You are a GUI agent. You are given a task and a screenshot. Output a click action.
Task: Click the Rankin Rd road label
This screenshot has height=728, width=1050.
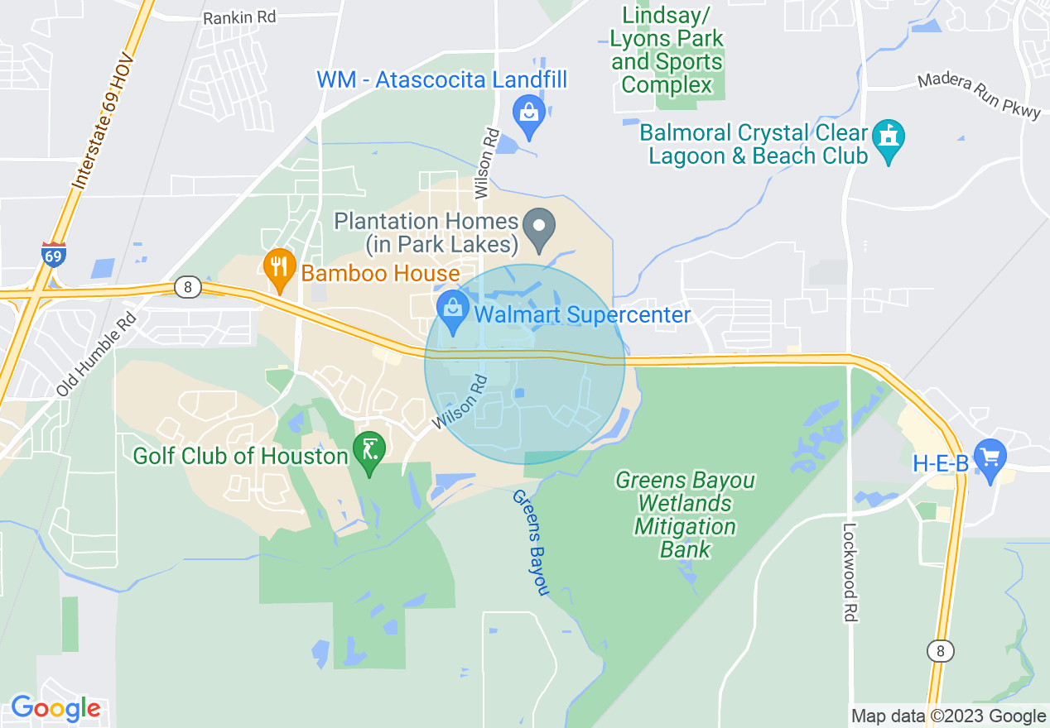[239, 17]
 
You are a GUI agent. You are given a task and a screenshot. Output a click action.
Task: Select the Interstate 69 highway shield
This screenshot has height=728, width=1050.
[53, 256]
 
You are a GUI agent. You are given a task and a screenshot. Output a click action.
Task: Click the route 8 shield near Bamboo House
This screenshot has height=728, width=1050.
[188, 287]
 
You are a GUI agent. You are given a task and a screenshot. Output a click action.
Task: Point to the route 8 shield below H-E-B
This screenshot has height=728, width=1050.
[940, 651]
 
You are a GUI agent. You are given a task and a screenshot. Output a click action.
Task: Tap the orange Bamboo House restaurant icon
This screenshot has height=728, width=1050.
[280, 267]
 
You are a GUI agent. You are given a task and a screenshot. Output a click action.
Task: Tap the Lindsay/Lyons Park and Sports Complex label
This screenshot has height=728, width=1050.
[667, 50]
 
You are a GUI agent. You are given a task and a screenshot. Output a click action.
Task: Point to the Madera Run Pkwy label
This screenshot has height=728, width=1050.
[978, 97]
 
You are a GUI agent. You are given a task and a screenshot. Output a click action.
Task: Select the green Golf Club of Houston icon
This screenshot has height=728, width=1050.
[368, 451]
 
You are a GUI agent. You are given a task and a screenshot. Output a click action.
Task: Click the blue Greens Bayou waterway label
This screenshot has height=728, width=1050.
[531, 542]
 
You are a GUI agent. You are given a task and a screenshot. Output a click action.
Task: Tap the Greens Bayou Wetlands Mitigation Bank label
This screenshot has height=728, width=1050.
[685, 515]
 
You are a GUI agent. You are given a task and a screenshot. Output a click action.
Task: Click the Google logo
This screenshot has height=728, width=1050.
[55, 708]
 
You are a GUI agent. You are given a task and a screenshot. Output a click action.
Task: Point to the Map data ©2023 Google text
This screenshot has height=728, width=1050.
[949, 716]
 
